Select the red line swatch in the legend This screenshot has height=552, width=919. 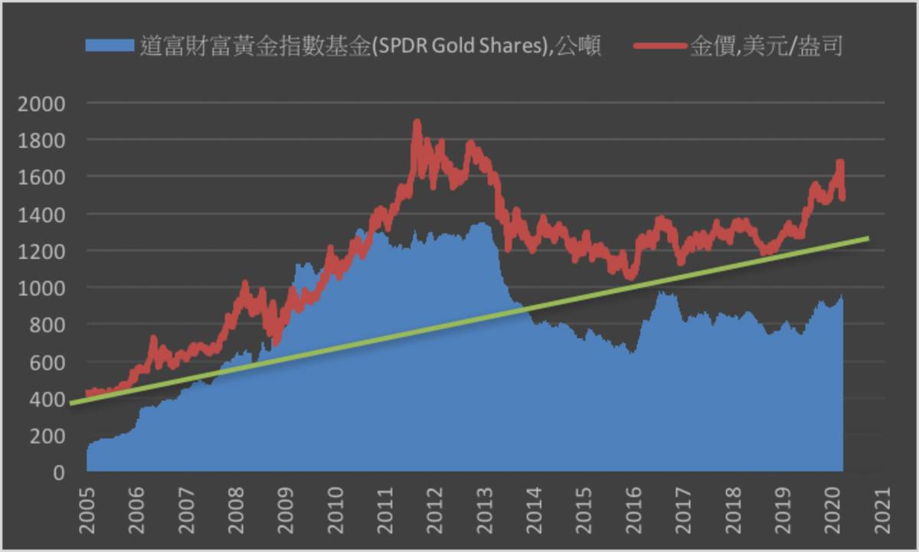pos(659,47)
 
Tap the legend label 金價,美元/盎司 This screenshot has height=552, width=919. pos(766,47)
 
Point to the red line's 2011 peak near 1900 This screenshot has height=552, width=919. pos(417,122)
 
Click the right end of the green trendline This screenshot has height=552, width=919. pos(868,239)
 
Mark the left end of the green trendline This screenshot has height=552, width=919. pos(70,403)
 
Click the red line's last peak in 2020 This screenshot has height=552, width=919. pos(840,162)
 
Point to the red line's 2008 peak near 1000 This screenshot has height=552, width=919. pos(245,285)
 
